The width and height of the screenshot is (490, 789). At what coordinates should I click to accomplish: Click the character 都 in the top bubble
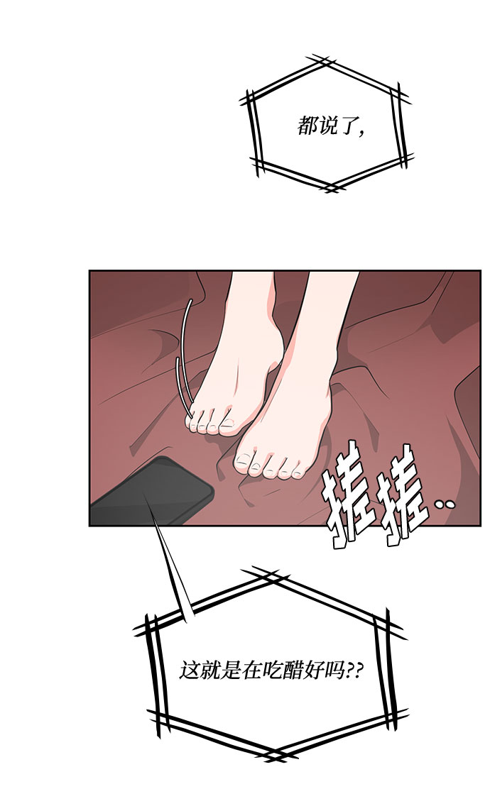[x=307, y=126]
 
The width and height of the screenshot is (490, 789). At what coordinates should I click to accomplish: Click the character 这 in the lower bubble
[x=190, y=671]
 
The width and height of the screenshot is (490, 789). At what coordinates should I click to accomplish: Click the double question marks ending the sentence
[x=353, y=671]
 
